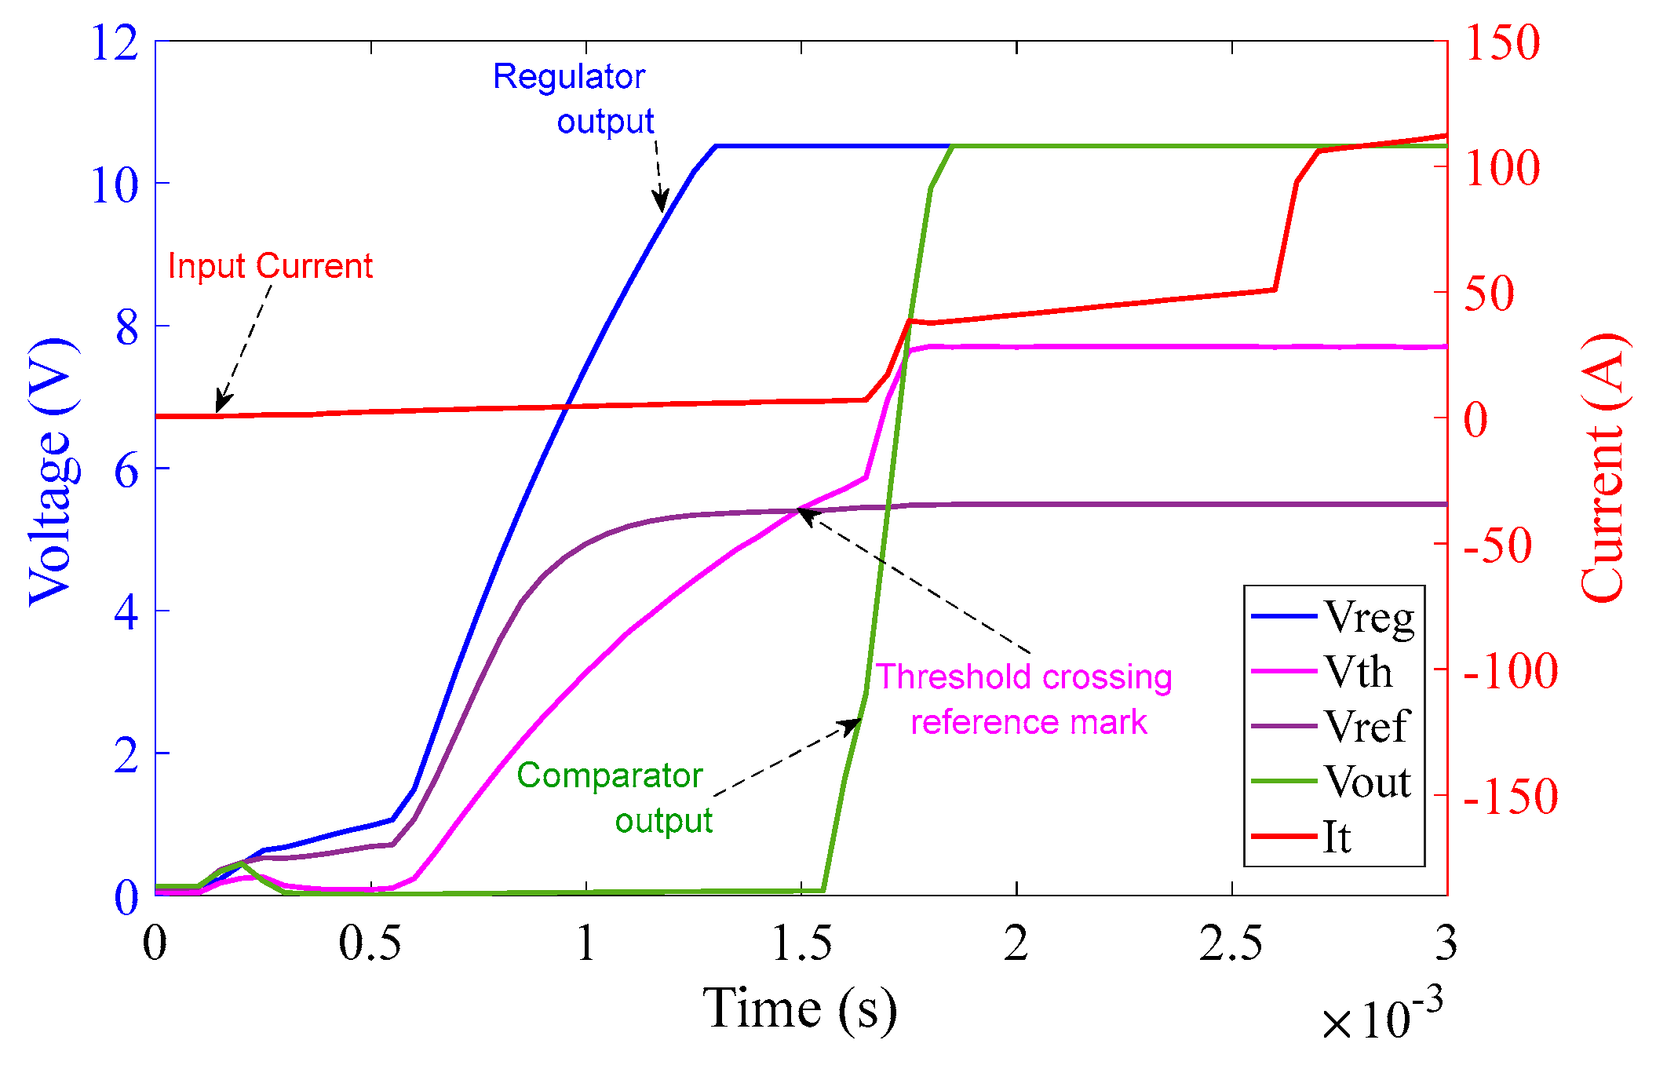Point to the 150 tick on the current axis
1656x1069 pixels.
1502,42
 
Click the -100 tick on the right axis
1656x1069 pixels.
1511,671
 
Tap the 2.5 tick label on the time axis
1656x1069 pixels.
1231,943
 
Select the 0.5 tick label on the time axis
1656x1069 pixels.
370,943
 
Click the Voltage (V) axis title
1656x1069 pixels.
53,471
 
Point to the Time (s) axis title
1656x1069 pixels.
799,1009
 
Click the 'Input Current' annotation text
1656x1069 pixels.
270,266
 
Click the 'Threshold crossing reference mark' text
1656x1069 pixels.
1024,699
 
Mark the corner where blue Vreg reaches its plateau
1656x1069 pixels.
715,146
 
